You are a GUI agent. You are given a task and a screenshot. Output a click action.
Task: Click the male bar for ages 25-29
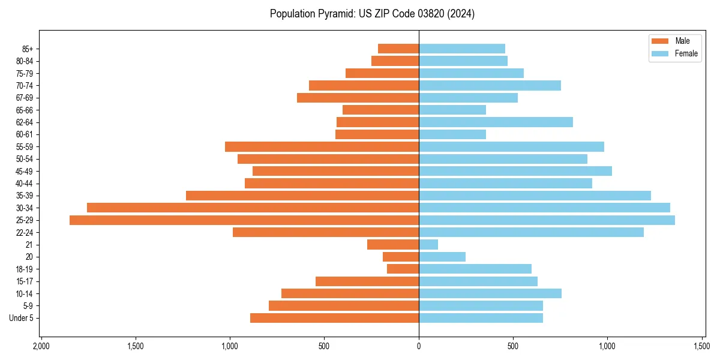pos(244,220)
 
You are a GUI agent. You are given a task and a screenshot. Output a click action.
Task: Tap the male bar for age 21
pos(393,245)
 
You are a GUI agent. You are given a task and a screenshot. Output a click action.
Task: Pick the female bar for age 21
pos(428,245)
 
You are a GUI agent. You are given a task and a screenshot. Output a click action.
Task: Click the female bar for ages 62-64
pos(496,122)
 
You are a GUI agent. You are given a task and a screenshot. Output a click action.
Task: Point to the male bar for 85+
pos(398,49)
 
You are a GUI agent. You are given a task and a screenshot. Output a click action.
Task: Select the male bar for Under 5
pos(334,318)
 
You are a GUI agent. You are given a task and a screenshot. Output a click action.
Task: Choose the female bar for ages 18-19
pos(475,269)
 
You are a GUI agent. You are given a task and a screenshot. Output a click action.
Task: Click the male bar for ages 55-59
pos(322,147)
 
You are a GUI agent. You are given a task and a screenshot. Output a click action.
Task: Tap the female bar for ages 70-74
pos(490,86)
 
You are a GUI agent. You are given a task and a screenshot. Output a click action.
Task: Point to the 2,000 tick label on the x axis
pos(41,346)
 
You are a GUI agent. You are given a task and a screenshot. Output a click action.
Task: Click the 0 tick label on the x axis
pos(419,346)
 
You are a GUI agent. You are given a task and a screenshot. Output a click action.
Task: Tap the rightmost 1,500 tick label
pos(702,346)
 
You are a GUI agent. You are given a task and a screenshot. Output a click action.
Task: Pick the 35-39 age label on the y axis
pos(25,196)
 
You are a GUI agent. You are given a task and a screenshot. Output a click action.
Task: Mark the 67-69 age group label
pos(25,98)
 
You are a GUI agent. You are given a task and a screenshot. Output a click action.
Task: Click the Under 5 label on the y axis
pos(22,318)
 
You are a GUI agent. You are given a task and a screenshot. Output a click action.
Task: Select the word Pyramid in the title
pos(332,14)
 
